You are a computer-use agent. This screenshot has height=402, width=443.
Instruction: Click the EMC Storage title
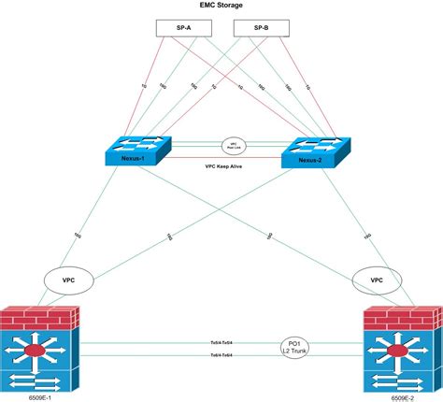coord(221,6)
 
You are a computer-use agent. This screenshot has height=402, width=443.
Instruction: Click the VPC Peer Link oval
coord(233,146)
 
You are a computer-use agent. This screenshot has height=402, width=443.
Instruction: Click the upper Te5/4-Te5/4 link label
coord(221,343)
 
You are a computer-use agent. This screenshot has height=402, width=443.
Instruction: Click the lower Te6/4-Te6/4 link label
coord(221,356)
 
